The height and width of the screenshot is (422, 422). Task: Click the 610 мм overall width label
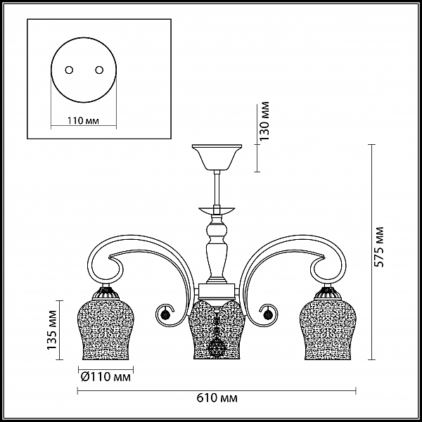click(217, 397)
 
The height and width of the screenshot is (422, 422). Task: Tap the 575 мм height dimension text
click(379, 247)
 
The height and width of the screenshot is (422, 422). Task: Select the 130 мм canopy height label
click(264, 121)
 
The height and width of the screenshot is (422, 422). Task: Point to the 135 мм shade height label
click(52, 330)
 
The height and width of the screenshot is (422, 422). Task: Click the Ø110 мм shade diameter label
click(105, 377)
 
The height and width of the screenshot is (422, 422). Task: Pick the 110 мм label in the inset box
click(83, 120)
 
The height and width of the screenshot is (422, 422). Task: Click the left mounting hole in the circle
click(69, 70)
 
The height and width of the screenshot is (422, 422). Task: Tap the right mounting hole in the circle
click(99, 70)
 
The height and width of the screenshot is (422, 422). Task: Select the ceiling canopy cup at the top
click(217, 157)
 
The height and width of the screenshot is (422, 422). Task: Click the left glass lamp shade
click(105, 330)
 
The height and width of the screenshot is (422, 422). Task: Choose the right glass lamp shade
click(328, 330)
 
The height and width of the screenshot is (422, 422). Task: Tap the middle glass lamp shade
click(217, 330)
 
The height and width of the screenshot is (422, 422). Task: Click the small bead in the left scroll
click(164, 314)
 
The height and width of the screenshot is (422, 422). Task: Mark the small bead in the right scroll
click(269, 314)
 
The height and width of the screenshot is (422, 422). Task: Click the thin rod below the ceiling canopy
click(217, 188)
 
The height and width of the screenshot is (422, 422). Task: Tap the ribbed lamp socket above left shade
click(105, 293)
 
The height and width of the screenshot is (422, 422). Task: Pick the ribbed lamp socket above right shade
click(328, 293)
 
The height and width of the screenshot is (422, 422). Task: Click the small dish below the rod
click(217, 210)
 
